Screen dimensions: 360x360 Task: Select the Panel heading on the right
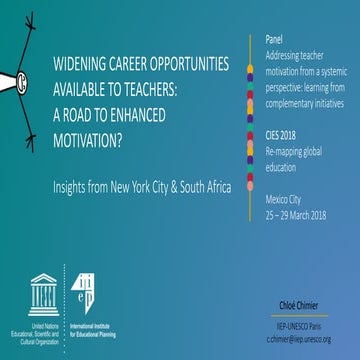(x=275, y=38)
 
